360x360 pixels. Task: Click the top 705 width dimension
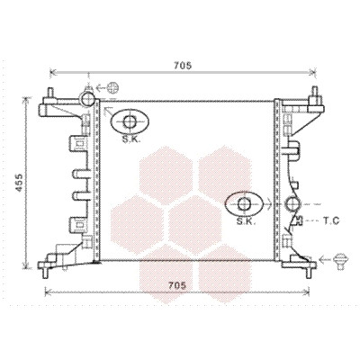pyautogui.click(x=183, y=65)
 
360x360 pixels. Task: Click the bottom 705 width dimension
pyautogui.click(x=177, y=285)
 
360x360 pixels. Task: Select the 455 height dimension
pyautogui.click(x=19, y=183)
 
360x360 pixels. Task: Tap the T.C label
pyautogui.click(x=331, y=221)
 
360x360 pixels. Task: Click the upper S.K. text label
pyautogui.click(x=131, y=139)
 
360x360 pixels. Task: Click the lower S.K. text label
pyautogui.click(x=246, y=221)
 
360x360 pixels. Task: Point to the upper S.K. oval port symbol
pyautogui.click(x=130, y=121)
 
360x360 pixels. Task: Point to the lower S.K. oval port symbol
pyautogui.click(x=244, y=204)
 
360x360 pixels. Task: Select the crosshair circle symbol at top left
pyautogui.click(x=113, y=88)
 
